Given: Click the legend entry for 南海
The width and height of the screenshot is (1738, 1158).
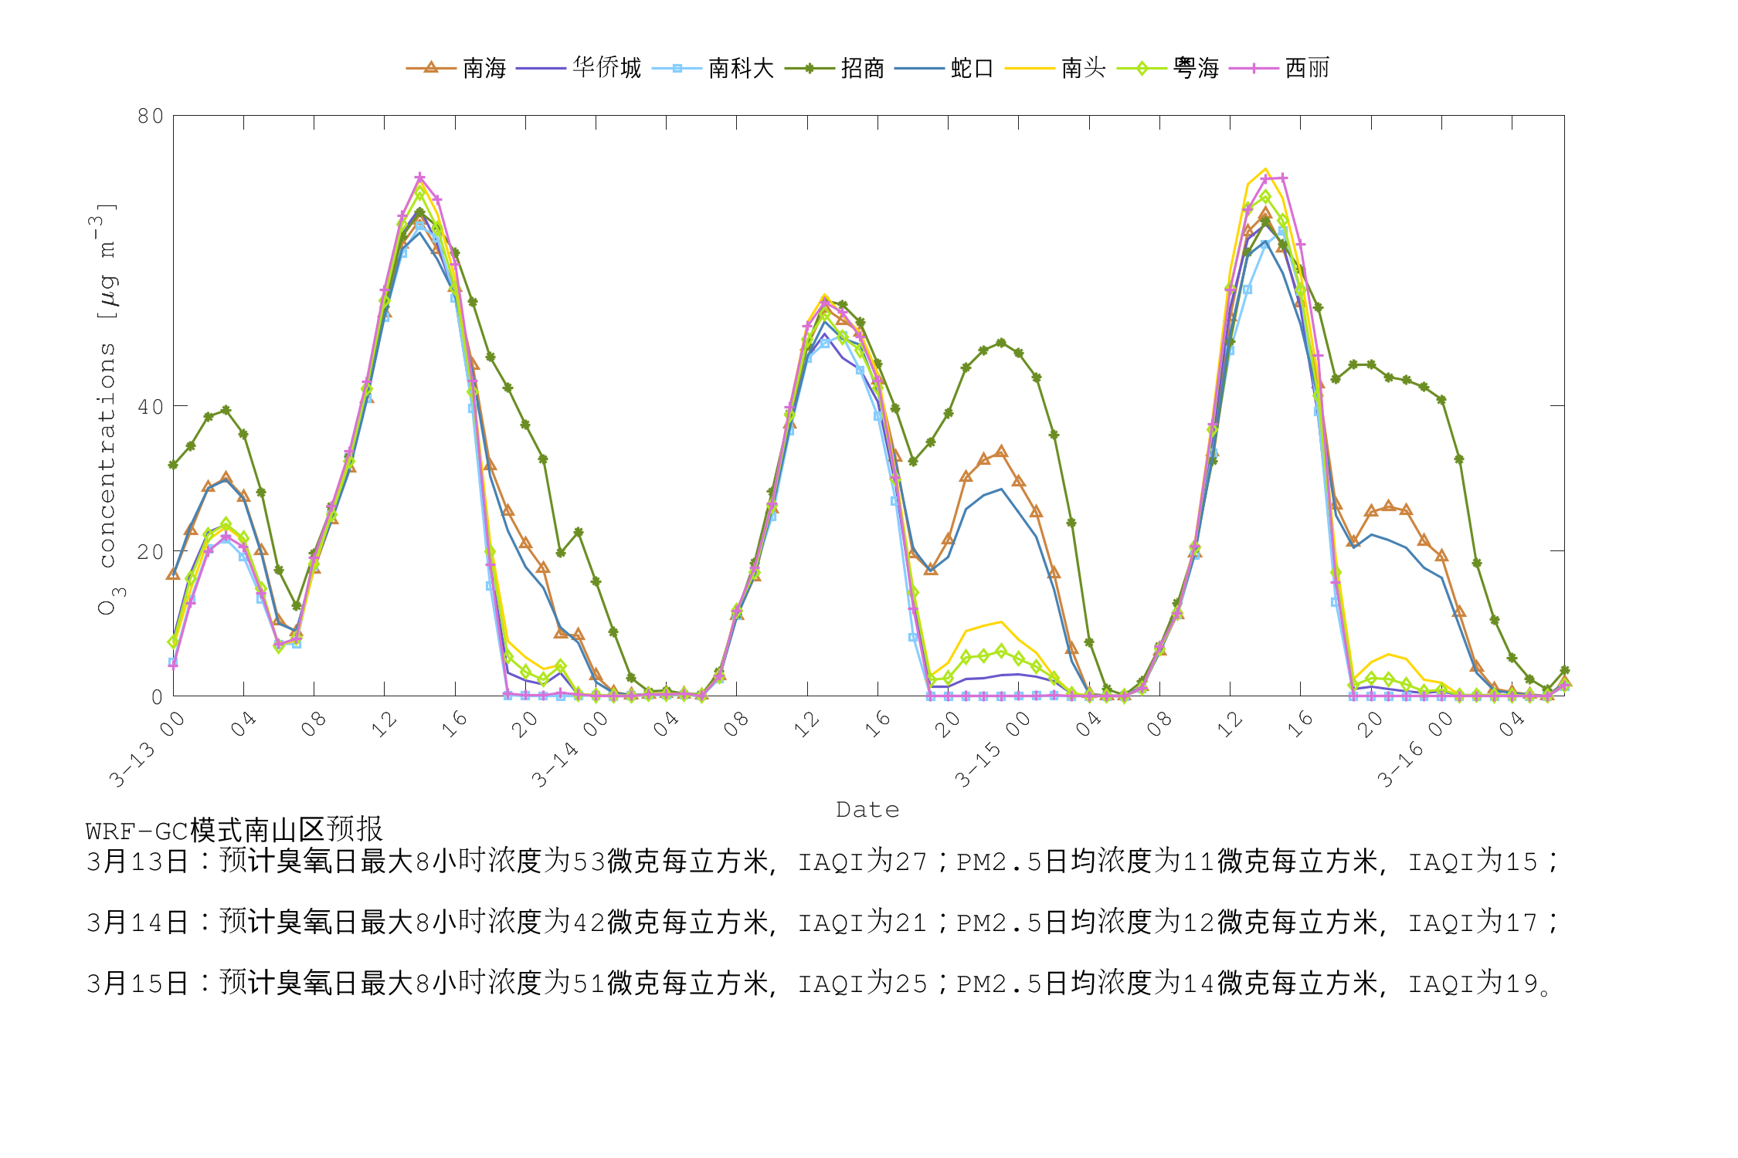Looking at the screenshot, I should (x=484, y=69).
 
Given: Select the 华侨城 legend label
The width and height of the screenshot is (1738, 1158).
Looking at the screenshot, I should (x=606, y=69).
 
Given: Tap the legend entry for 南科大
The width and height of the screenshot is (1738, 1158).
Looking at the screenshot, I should (x=741, y=69).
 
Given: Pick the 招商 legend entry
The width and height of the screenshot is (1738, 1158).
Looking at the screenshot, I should (x=862, y=69).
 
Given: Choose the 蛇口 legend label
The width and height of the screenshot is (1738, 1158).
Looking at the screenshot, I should (x=972, y=69).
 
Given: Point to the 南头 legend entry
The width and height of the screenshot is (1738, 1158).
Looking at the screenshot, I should (x=1083, y=69).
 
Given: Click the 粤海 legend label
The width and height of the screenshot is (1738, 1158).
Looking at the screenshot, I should (x=1196, y=69).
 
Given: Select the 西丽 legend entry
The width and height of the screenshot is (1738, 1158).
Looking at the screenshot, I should (x=1307, y=69).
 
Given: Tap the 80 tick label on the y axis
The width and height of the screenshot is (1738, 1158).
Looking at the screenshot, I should (x=151, y=117).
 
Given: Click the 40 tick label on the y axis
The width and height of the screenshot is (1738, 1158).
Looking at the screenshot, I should (x=151, y=407).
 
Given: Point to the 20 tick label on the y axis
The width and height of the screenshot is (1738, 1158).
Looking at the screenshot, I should (x=151, y=552).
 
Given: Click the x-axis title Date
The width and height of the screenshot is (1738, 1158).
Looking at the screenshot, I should (x=867, y=810).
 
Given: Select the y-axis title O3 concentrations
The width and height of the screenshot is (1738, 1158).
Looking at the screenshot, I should (x=107, y=409).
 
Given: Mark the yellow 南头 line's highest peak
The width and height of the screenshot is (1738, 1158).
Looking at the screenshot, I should (x=1265, y=169).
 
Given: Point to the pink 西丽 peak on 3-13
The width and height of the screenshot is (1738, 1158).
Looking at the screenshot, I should (x=419, y=178).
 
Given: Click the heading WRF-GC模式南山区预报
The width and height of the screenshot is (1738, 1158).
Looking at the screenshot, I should (x=234, y=831).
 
